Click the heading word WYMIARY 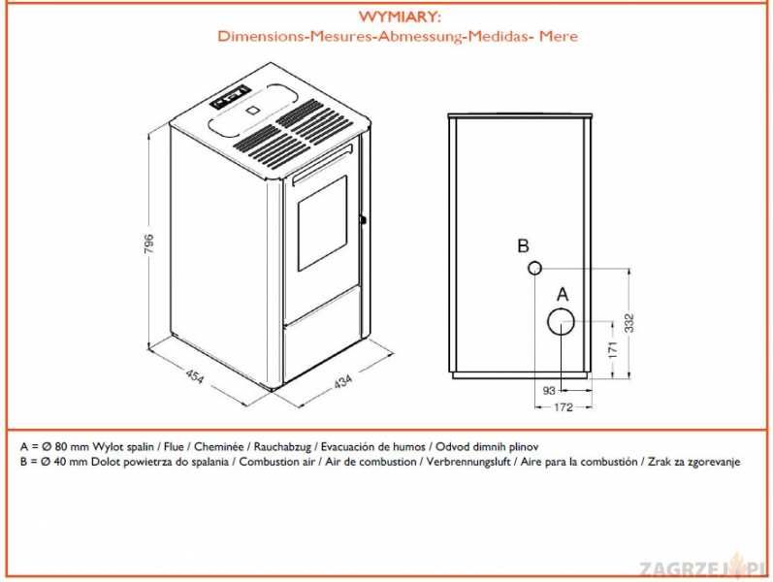[399, 17]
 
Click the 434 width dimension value [341, 381]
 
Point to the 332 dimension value [629, 323]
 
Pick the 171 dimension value [610, 348]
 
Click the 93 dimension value [549, 390]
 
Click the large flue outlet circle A [560, 321]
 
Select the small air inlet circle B [534, 268]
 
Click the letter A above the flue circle [561, 292]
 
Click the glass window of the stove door [320, 224]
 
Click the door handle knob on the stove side [363, 219]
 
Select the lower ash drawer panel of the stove [324, 349]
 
